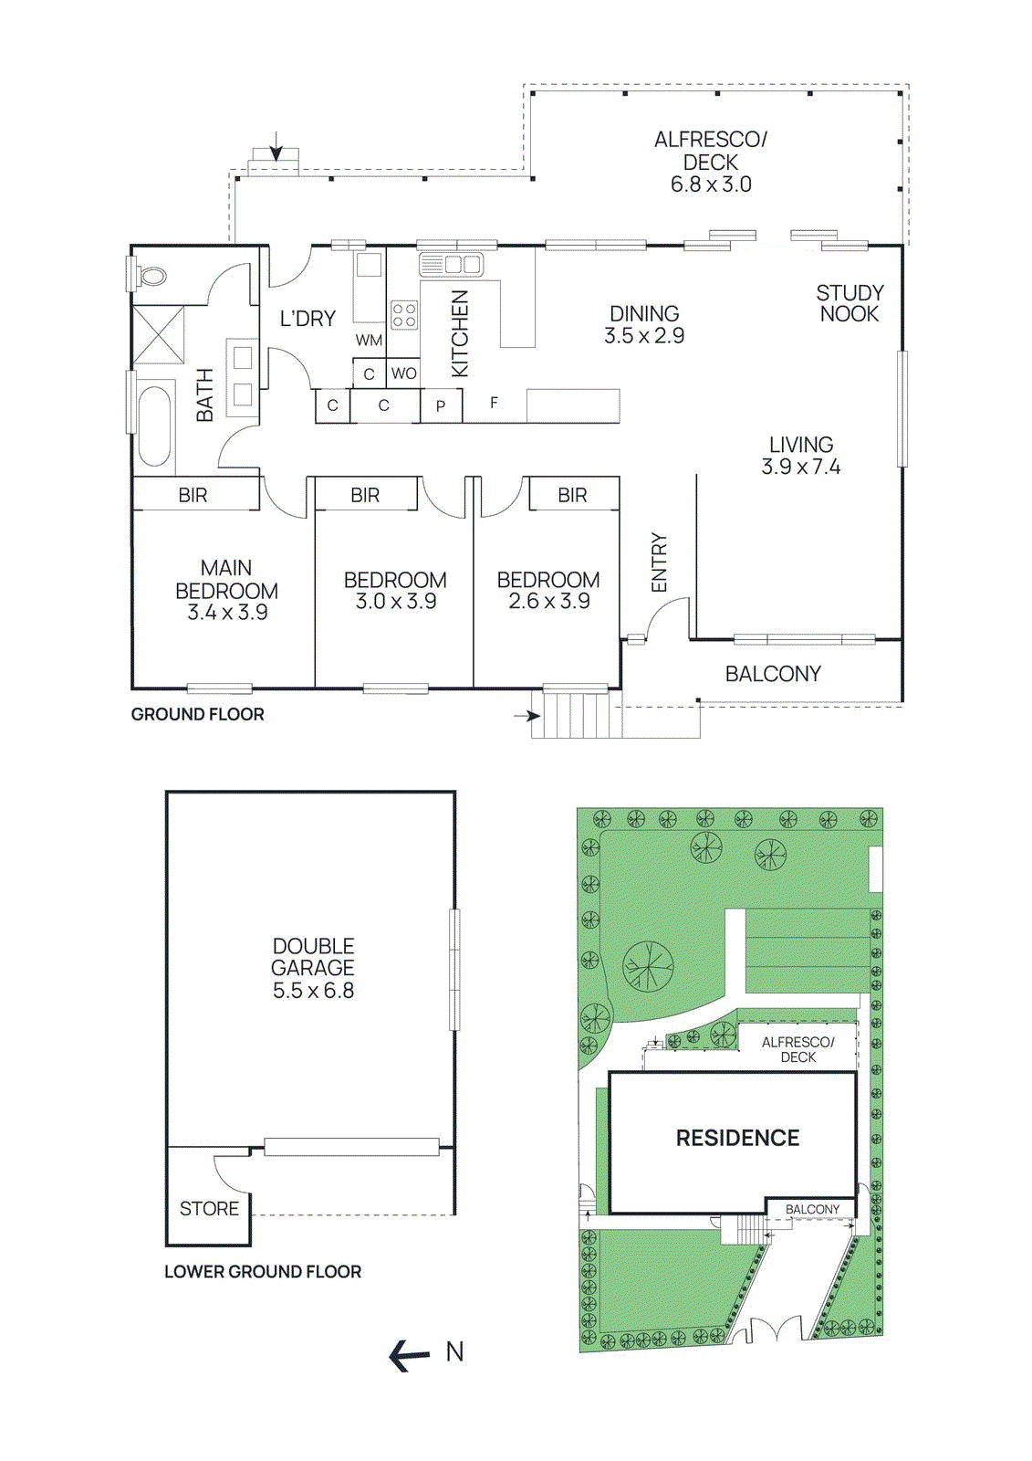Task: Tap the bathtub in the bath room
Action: pos(154,426)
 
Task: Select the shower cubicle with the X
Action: pos(158,335)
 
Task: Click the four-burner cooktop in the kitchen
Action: pos(404,316)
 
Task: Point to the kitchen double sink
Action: pos(452,265)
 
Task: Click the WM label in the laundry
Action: pos(369,341)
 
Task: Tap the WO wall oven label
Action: pos(403,373)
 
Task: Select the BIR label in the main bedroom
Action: pos(193,495)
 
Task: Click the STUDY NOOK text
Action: pos(849,303)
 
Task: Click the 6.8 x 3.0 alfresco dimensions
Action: pos(711,184)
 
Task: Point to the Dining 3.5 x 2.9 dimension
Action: pos(644,336)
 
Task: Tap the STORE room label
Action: pos(209,1208)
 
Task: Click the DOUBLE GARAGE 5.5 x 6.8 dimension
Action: pos(313,991)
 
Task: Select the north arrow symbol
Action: pos(410,1355)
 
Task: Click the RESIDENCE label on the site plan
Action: pos(737,1138)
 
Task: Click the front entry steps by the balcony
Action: pos(570,715)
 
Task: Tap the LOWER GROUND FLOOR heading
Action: pos(263,1271)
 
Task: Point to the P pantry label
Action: pos(441,406)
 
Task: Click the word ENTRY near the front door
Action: pos(659,562)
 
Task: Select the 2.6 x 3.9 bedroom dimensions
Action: pos(549,602)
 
